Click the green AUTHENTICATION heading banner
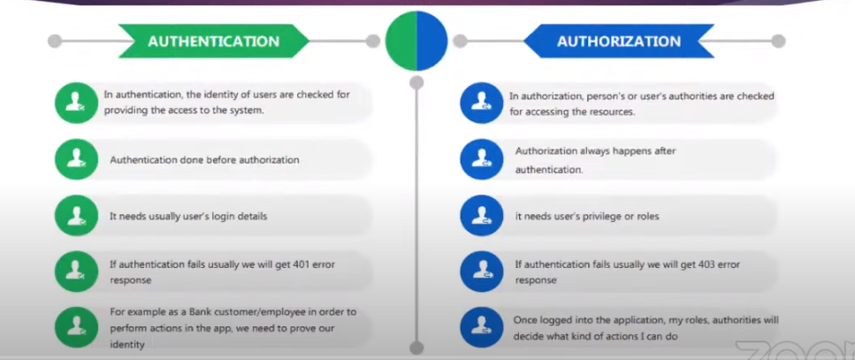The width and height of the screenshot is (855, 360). tap(213, 41)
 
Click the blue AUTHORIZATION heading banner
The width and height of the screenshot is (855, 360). tap(619, 41)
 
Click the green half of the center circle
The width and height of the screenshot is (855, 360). tap(401, 41)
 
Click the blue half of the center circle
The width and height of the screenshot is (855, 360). tap(433, 41)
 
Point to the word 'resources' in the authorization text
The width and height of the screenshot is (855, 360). tap(611, 112)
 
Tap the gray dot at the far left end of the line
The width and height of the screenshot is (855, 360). tap(55, 41)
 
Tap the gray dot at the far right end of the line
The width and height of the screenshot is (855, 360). tap(778, 41)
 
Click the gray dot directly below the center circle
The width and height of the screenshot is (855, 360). tap(417, 82)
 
